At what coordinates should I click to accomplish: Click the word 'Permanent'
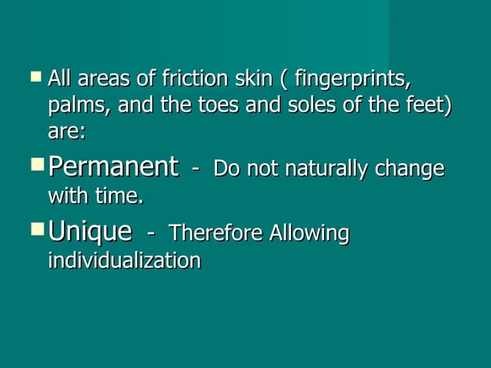point(112,167)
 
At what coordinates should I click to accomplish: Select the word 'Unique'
point(89,232)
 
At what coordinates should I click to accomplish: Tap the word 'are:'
point(66,132)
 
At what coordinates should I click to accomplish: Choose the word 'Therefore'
point(212,233)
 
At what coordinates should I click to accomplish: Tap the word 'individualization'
point(124,260)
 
